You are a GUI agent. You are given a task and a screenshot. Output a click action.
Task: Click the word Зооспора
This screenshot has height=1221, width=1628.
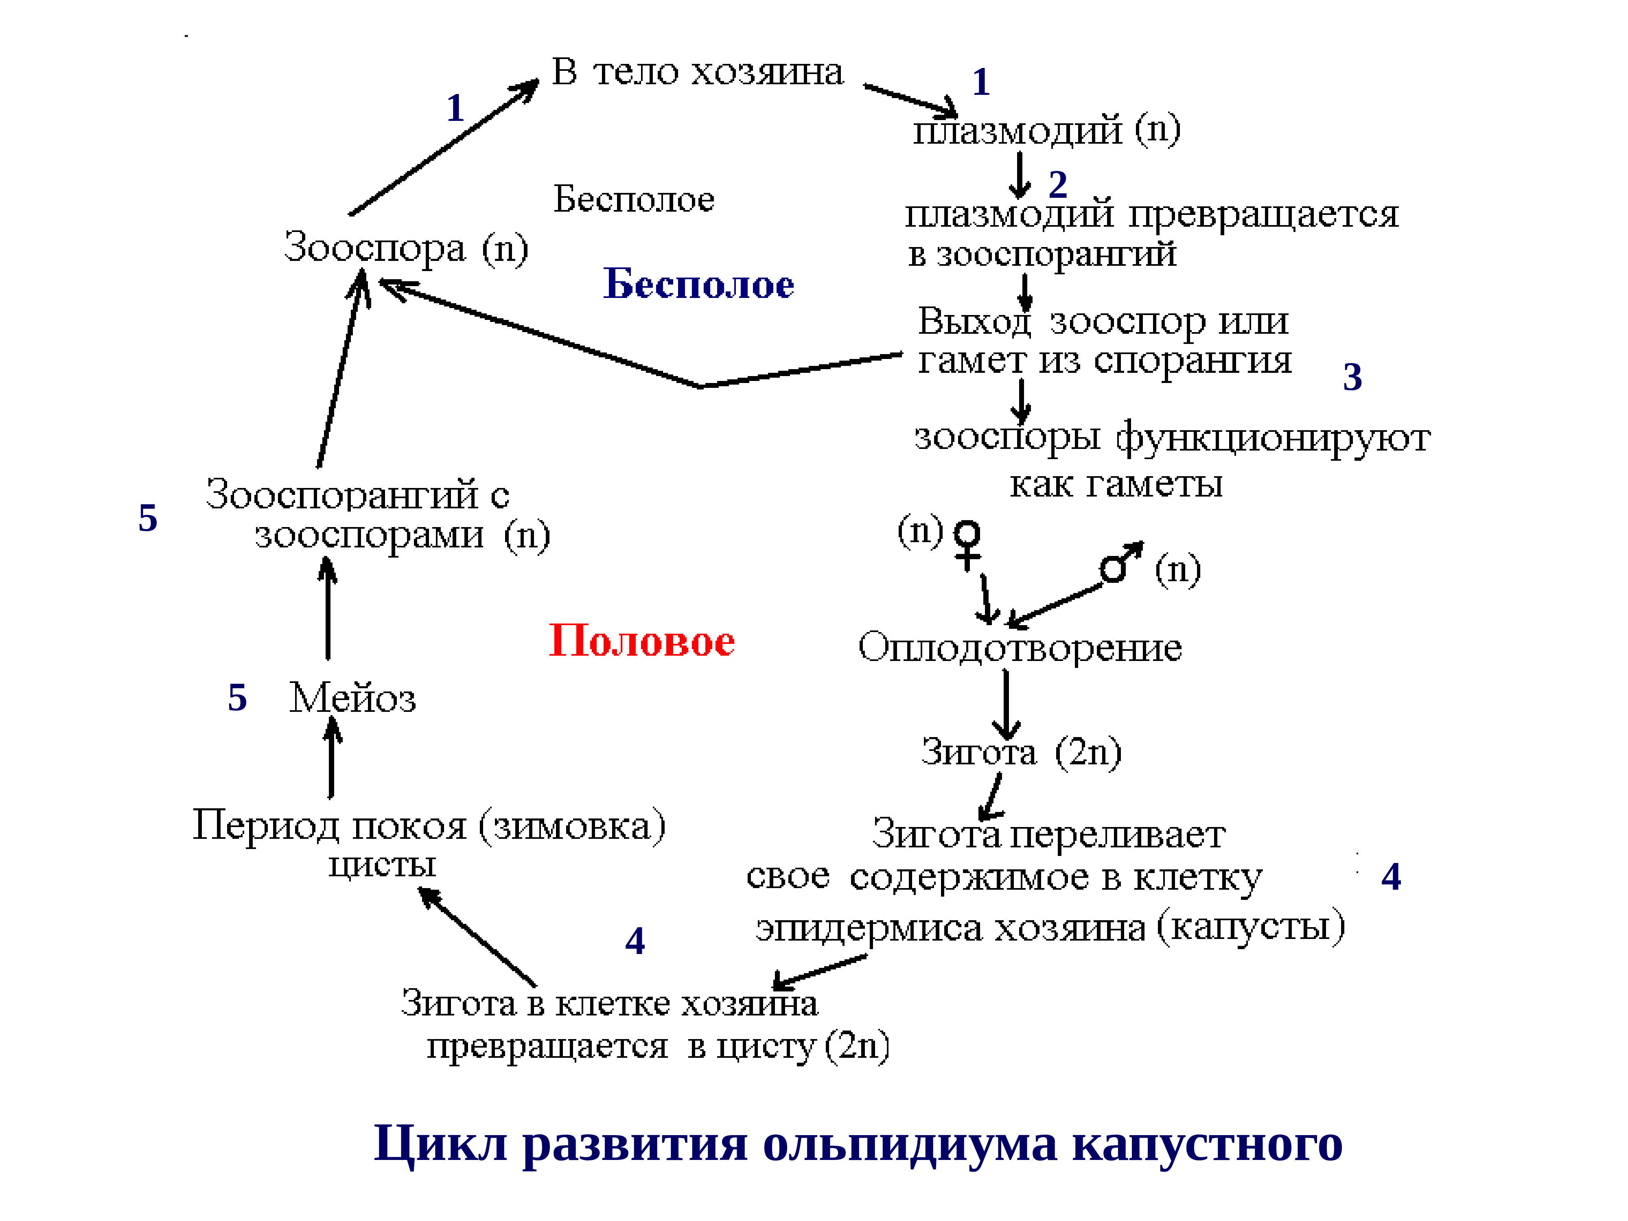tap(374, 247)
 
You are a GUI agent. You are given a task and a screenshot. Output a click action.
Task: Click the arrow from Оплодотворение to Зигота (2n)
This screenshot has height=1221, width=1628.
tap(1005, 703)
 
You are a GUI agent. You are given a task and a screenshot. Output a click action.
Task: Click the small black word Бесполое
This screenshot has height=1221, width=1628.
tap(634, 199)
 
